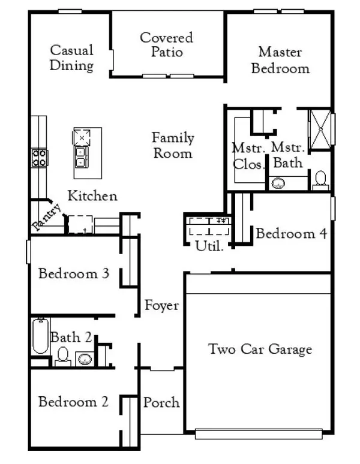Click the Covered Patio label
(167, 45)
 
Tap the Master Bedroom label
(280, 59)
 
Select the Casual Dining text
(71, 58)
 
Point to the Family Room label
(173, 146)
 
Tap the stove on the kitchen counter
(40, 158)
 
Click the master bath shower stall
(319, 128)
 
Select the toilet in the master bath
(320, 179)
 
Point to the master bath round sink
(278, 183)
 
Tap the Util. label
(209, 245)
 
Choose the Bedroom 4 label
(291, 233)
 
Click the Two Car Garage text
(260, 349)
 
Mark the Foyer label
(161, 306)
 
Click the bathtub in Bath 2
(40, 336)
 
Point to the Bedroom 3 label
(73, 274)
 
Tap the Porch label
(161, 402)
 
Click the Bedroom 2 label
(73, 402)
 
